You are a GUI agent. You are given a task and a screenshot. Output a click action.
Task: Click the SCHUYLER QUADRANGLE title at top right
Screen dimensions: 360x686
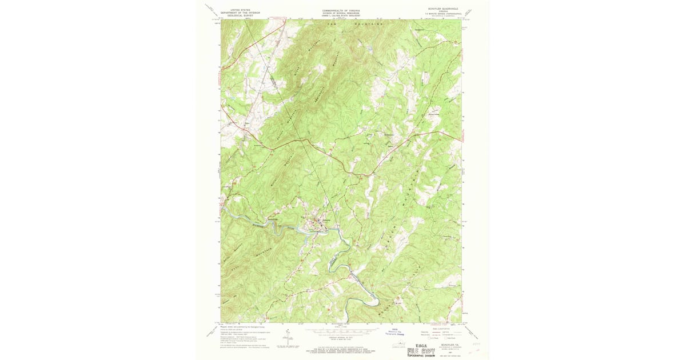(x=443, y=9)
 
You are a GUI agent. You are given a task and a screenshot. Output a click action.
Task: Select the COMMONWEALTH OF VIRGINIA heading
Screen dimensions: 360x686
(x=341, y=10)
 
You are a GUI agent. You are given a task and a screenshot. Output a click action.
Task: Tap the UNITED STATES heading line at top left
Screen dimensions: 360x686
(x=241, y=10)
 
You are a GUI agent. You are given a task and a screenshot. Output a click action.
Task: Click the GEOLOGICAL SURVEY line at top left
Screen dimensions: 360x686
(x=241, y=17)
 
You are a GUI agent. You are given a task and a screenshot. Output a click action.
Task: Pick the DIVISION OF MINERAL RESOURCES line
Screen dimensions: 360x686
(x=341, y=13)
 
